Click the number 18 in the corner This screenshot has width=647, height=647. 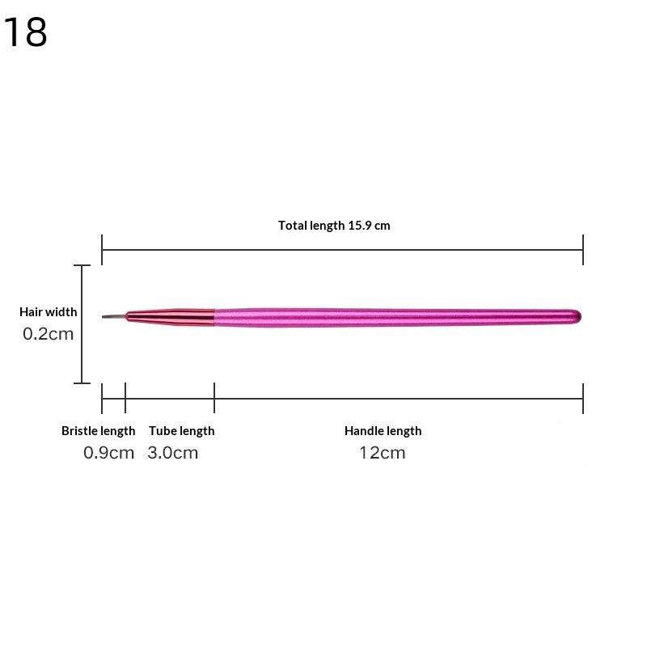[26, 32]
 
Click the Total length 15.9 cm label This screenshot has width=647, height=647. [334, 226]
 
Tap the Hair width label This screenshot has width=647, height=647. [49, 312]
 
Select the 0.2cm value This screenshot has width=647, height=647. [49, 333]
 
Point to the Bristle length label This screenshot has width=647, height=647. [99, 431]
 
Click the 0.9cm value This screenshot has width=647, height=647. [108, 453]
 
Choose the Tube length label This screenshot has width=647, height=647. [181, 431]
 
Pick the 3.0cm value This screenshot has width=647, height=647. [172, 453]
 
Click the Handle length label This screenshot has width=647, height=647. [383, 431]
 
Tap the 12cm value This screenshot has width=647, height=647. [383, 453]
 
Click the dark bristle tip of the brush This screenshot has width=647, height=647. [113, 316]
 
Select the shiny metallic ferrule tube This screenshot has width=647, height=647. [171, 316]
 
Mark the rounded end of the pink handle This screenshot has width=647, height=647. [577, 316]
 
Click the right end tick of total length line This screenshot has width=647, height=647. [583, 250]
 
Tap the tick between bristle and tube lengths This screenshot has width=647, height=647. [125, 398]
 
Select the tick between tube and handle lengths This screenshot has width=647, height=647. [214, 398]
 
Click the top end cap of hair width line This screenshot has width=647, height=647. [82, 265]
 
